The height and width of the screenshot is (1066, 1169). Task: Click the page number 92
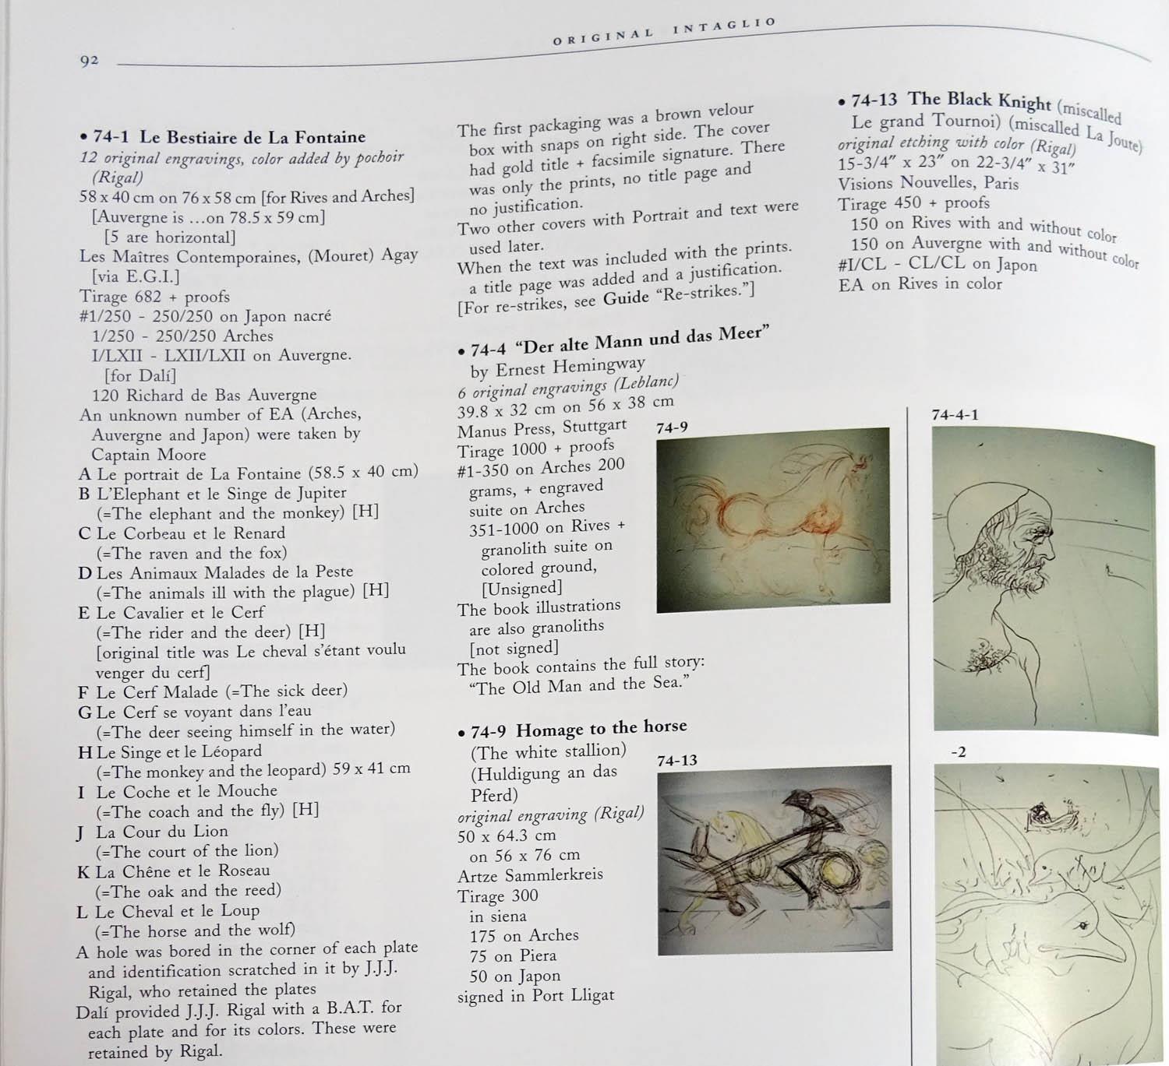pyautogui.click(x=89, y=61)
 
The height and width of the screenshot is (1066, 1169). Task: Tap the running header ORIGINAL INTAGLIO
pyautogui.click(x=664, y=31)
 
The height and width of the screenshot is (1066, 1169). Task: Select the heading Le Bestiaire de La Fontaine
pyautogui.click(x=253, y=138)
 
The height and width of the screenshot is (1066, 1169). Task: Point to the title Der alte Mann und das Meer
pyautogui.click(x=643, y=341)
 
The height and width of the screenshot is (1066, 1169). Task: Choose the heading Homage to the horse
pyautogui.click(x=602, y=729)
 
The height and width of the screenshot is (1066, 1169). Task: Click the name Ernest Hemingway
pyautogui.click(x=570, y=367)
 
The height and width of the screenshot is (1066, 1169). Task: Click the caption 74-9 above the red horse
pyautogui.click(x=672, y=428)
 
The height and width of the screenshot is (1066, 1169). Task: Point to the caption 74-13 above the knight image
pyautogui.click(x=676, y=760)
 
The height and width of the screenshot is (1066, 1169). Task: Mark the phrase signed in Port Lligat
pyautogui.click(x=535, y=996)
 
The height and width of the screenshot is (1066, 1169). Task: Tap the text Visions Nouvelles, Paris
pyautogui.click(x=927, y=184)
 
